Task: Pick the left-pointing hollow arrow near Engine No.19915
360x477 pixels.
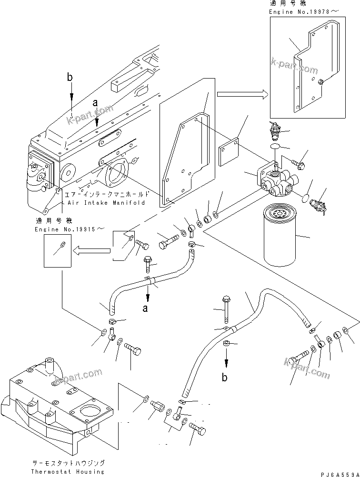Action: click(x=90, y=248)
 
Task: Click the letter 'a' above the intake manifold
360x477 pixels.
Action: click(x=96, y=102)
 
